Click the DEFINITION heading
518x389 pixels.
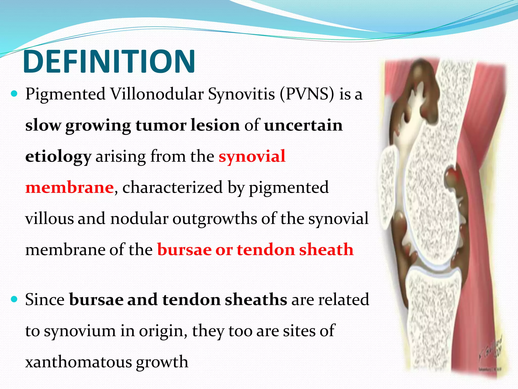(109, 62)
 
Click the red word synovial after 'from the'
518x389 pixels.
(252, 156)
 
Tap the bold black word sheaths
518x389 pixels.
(256, 300)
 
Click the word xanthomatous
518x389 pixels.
(78, 362)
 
